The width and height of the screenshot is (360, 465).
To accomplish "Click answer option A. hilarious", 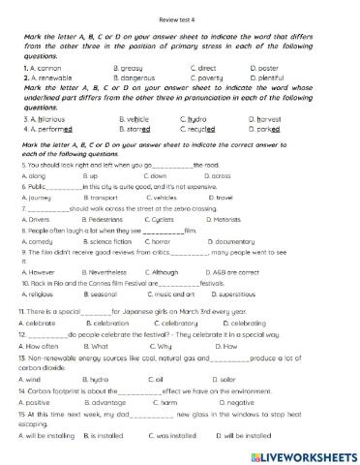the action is tap(39, 119).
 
